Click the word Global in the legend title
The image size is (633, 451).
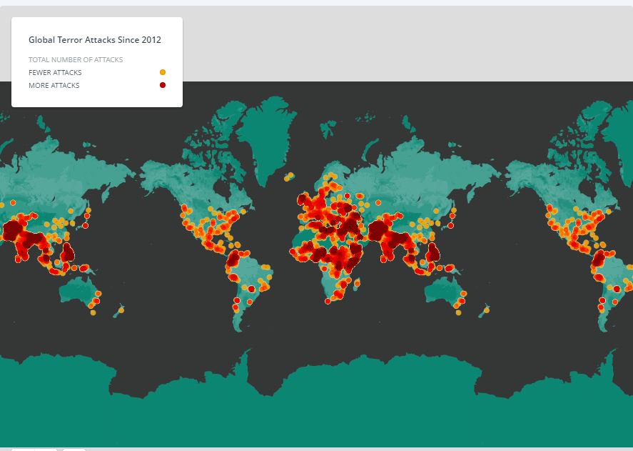40,41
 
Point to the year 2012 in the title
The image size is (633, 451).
151,41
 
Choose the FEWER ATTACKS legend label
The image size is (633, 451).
55,73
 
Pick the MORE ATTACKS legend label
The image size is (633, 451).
54,86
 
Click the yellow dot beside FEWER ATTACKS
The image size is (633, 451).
163,72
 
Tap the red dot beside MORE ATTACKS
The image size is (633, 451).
163,85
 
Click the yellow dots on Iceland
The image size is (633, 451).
290,175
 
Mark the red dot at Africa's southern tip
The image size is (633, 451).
328,301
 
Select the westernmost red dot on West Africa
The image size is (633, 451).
292,252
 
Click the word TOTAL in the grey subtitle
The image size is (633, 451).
38,60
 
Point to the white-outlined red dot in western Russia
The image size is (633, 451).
347,195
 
